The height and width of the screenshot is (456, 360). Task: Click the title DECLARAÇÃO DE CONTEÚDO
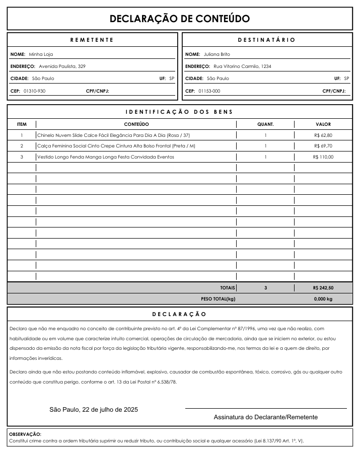point(180,19)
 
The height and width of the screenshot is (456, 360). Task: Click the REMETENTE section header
point(92,40)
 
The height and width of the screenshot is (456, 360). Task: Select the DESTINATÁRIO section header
point(266,40)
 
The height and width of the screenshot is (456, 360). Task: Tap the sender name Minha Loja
point(41,54)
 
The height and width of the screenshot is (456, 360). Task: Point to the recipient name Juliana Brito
point(217,54)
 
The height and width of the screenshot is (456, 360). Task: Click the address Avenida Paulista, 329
point(62,66)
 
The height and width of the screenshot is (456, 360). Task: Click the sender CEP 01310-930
point(34,91)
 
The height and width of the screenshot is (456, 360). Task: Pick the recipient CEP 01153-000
point(209,91)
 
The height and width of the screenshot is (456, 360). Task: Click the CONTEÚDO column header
point(136,124)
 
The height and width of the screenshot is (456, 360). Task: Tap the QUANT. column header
point(265,124)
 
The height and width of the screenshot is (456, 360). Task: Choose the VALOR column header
point(323,124)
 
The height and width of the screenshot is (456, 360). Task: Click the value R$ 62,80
point(323,135)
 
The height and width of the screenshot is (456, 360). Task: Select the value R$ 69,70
point(323,146)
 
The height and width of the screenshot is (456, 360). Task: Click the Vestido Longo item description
point(106,157)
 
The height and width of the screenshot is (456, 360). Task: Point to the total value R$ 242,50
point(323,288)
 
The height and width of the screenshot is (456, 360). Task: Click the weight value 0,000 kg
point(323,299)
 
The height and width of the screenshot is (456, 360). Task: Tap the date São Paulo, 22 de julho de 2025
point(94,410)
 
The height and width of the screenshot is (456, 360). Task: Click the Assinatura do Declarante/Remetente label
point(265,417)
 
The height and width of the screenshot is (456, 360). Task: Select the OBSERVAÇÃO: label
point(25,434)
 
